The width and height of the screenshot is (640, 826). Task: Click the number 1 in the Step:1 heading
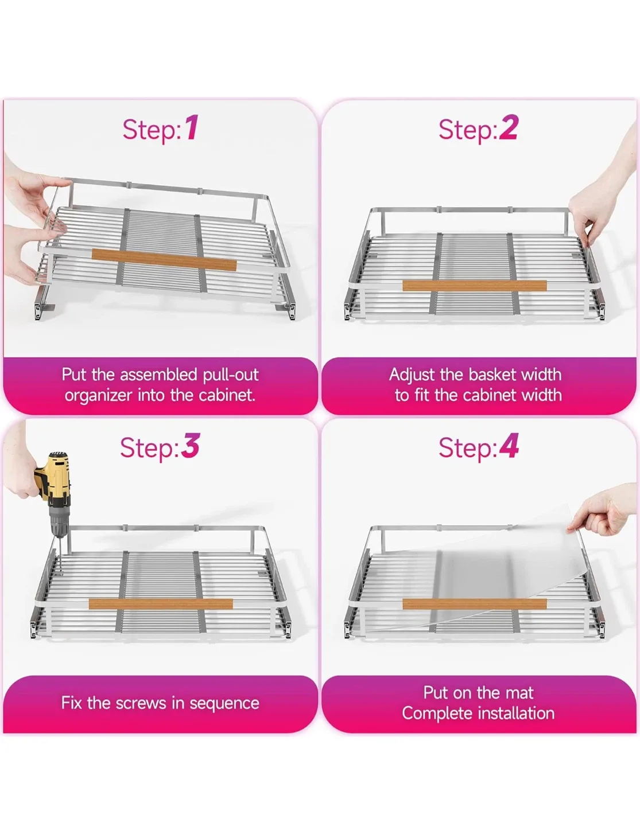click(x=192, y=128)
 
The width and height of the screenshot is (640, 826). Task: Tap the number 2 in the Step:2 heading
click(x=509, y=128)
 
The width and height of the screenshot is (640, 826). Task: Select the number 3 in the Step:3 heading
click(x=191, y=446)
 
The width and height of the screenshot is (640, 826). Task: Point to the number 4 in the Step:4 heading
click(x=509, y=446)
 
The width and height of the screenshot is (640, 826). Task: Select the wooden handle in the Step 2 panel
click(x=474, y=286)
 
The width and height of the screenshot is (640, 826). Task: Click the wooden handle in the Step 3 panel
click(x=161, y=603)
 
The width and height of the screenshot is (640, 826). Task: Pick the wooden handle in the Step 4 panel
click(x=474, y=603)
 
